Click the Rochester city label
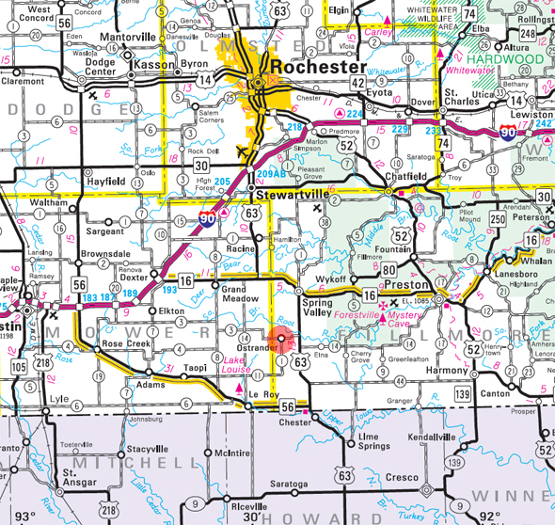click(318, 68)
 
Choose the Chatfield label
click(406, 176)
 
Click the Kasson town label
click(151, 64)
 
